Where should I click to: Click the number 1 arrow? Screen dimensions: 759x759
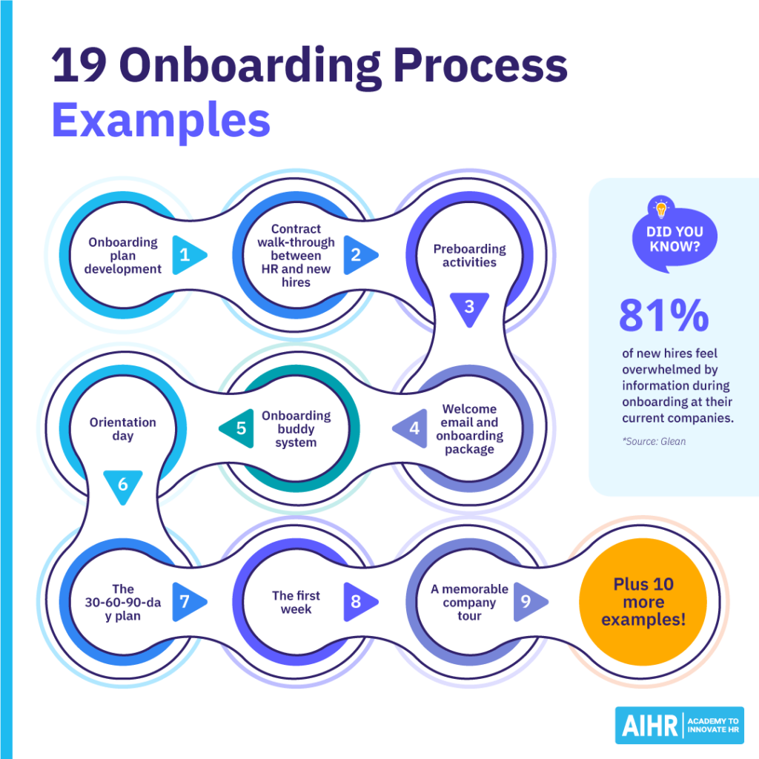pos(187,255)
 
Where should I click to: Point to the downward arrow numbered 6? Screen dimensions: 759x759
pos(123,485)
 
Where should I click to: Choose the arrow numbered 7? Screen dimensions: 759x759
pos(187,601)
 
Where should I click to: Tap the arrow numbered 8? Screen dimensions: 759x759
pos(358,601)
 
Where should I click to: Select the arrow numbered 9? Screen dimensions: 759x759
pos(528,601)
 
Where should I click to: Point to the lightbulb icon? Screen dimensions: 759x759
pos(661,209)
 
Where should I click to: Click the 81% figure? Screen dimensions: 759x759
pos(663,316)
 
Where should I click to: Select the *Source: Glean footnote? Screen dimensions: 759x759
pos(653,441)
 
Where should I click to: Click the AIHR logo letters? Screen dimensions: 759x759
pos(647,725)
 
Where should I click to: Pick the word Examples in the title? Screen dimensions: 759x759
pos(161,120)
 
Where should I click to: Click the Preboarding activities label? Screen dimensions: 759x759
pos(469,255)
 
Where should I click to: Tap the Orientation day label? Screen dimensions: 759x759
pos(123,428)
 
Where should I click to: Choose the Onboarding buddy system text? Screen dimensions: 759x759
pos(296,428)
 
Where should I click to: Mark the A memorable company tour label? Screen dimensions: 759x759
pos(469,601)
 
